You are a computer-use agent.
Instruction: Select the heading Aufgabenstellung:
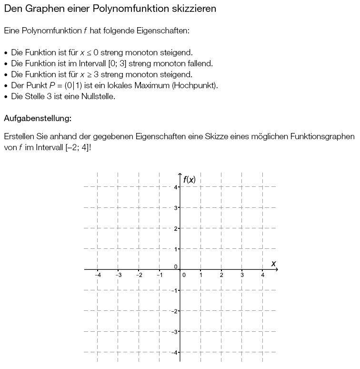tap(38, 118)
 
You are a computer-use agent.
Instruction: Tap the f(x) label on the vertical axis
tap(189, 180)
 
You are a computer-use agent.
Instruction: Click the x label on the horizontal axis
tap(273, 264)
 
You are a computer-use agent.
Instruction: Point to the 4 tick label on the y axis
tap(176, 187)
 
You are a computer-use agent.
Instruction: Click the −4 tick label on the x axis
tap(98, 276)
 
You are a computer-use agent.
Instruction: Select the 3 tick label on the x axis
tap(242, 276)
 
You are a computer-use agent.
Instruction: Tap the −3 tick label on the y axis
tap(175, 331)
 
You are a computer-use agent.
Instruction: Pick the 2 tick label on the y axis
tap(176, 229)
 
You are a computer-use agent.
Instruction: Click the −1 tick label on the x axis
tap(160, 276)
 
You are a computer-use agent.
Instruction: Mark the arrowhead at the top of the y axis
tap(180, 175)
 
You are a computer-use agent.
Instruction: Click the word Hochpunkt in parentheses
tap(199, 85)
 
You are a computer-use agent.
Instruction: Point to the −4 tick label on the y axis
tap(175, 352)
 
